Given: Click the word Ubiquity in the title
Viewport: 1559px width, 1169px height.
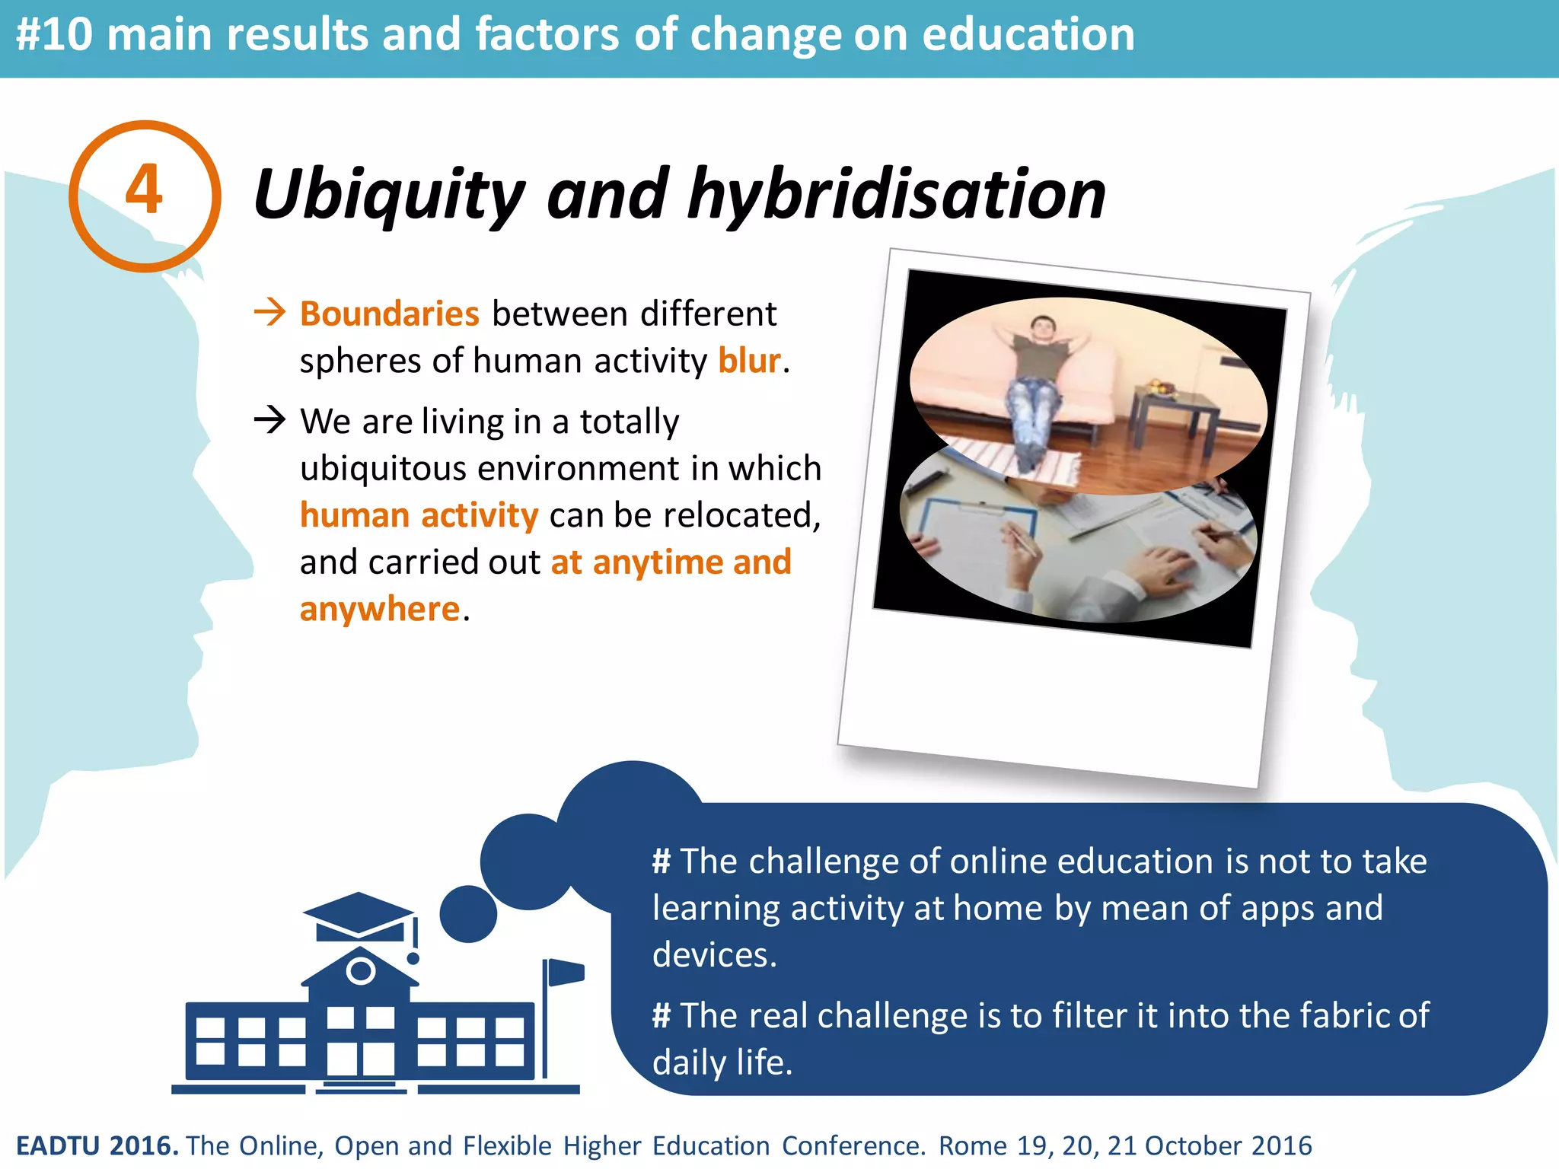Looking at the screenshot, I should tap(389, 196).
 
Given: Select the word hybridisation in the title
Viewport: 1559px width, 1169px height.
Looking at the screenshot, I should tap(896, 196).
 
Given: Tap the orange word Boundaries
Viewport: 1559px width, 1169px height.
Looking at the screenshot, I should tap(389, 314).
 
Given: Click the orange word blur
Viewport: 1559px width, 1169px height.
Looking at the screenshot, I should tap(749, 361).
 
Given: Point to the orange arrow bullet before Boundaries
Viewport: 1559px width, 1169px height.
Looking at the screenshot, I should tap(269, 312).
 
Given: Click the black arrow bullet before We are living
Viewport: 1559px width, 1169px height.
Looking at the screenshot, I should tap(269, 419).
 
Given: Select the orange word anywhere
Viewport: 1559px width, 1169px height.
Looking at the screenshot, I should tap(380, 609).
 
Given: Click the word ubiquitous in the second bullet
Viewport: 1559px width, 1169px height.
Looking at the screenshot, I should tap(383, 469).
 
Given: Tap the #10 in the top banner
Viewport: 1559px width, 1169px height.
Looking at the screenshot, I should tap(55, 35).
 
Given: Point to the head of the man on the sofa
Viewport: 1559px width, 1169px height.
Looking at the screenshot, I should tap(1042, 328).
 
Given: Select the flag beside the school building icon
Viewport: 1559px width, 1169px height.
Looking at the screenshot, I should tap(566, 973).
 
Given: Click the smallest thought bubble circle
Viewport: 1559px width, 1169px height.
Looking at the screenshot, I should tap(468, 913).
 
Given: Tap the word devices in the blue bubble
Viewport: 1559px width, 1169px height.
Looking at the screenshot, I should tap(713, 955).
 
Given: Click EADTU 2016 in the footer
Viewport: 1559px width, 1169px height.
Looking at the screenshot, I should tap(97, 1145).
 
